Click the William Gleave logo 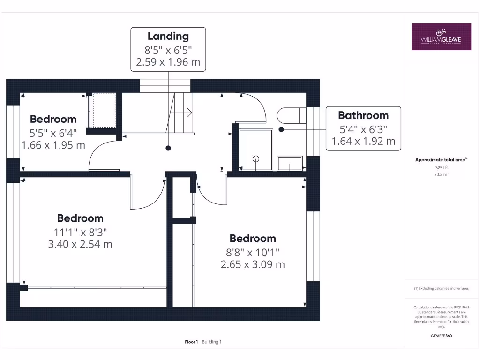[x=441, y=37]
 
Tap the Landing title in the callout [x=168, y=36]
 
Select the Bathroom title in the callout [x=363, y=115]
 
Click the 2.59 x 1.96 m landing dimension [x=168, y=62]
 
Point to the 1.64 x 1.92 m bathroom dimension [x=363, y=141]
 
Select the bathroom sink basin [x=290, y=164]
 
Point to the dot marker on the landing [x=168, y=148]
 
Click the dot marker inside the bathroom [x=281, y=128]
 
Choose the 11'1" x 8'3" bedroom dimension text [x=80, y=232]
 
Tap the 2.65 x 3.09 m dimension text [x=253, y=264]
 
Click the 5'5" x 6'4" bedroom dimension [x=53, y=132]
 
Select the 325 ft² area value [x=441, y=167]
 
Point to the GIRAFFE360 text [x=441, y=336]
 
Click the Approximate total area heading [x=441, y=160]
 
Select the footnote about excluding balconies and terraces [x=441, y=289]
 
